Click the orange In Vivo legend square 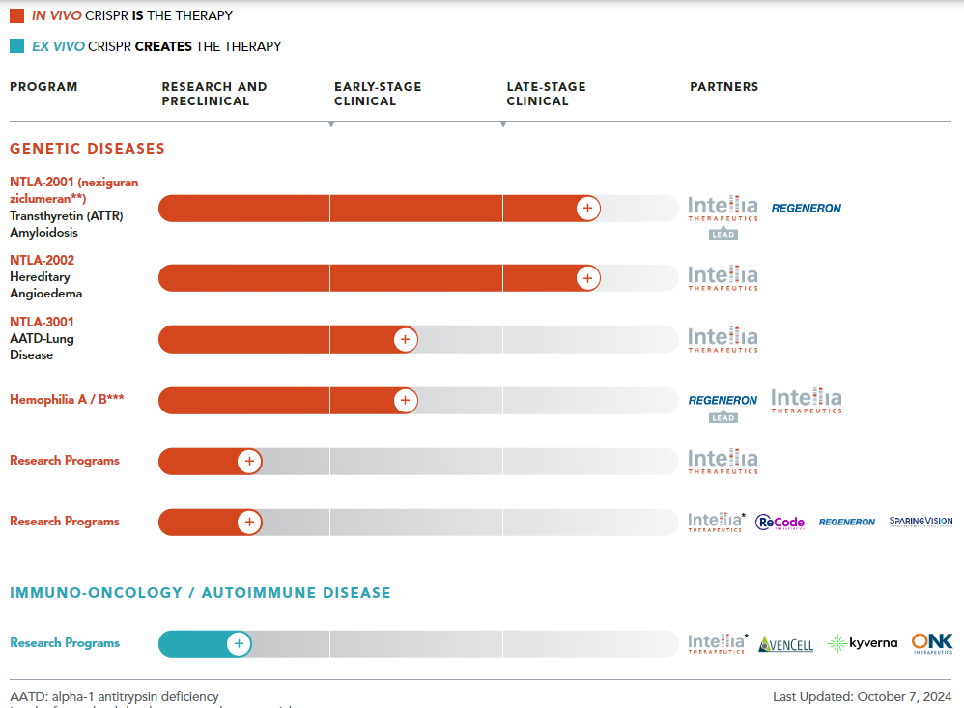click(x=16, y=16)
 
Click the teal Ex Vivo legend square click(x=16, y=46)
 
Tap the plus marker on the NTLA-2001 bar click(x=587, y=208)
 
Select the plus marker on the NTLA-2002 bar click(x=587, y=278)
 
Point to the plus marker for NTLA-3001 click(x=406, y=339)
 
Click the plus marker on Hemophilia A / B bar click(x=406, y=401)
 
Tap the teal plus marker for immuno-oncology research click(x=239, y=644)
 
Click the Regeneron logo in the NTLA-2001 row click(x=806, y=208)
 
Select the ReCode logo click(x=780, y=523)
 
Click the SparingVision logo click(x=921, y=522)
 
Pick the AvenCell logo click(x=785, y=644)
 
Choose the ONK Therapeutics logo click(x=932, y=643)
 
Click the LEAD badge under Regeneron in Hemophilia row click(x=723, y=417)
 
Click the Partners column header click(x=723, y=87)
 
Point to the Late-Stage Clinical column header click(x=546, y=94)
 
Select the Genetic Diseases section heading click(x=87, y=149)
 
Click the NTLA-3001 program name click(x=42, y=322)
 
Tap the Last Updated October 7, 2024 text click(x=862, y=696)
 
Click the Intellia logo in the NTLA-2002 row click(x=723, y=278)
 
